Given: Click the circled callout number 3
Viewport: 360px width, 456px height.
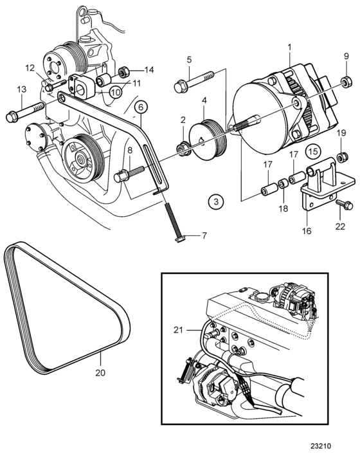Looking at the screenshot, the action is [x=216, y=201].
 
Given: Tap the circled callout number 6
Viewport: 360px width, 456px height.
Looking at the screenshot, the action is [x=141, y=107].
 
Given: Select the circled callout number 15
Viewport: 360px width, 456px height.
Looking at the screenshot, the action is [x=313, y=151].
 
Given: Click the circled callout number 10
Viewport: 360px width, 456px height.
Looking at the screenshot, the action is [x=116, y=93].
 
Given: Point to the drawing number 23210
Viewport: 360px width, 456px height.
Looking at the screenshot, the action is [x=320, y=446].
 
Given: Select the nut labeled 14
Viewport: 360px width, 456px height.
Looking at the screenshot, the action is [x=123, y=72].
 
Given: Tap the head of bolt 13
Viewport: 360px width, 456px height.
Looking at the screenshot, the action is [x=12, y=117].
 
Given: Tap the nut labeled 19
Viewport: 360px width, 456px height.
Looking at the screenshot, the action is [x=341, y=157].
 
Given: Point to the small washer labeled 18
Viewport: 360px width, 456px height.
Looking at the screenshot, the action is [x=283, y=184].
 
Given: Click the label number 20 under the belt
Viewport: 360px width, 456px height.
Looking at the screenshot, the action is [x=100, y=372].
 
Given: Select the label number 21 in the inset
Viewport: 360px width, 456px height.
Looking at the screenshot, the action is [x=178, y=330].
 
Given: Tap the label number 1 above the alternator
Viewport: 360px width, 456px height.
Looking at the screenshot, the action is [x=289, y=47].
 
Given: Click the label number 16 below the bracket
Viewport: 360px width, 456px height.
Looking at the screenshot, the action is [x=307, y=231].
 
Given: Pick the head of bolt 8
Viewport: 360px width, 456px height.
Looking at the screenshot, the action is [x=120, y=177].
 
